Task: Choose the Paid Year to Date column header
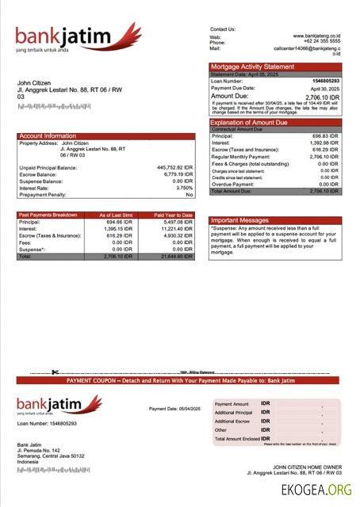173,215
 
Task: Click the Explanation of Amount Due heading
249,123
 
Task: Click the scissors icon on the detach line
55,372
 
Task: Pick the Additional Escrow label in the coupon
233,421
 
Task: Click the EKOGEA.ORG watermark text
316,490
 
